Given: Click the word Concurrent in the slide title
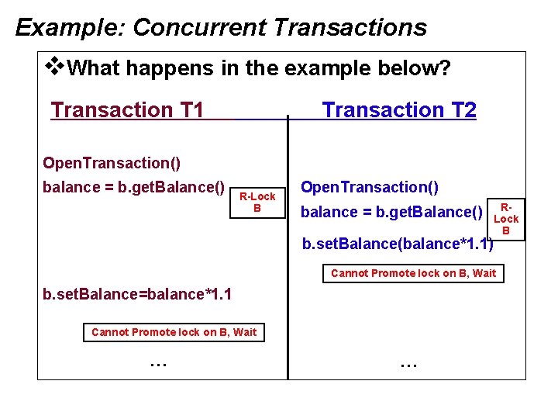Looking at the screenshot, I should tap(199, 27).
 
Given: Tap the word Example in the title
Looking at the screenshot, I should tap(69, 27).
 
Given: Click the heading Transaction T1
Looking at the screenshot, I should tap(127, 110).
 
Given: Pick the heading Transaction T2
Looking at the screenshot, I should tap(399, 110).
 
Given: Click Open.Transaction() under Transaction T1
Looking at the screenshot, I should tap(112, 163).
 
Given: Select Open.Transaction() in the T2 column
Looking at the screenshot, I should tap(370, 187).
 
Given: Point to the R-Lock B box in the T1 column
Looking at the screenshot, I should tap(257, 203).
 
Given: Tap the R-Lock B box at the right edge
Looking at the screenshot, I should tap(506, 219).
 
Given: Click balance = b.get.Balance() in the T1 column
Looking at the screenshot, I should tap(134, 187).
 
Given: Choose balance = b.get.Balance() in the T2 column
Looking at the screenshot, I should tap(391, 212).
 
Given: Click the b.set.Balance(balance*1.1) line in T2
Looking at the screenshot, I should tap(397, 244).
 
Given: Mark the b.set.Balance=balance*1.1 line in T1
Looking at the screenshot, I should tap(138, 295).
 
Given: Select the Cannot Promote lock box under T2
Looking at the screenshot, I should tap(413, 273).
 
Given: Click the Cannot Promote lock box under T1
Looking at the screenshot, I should tap(174, 332).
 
